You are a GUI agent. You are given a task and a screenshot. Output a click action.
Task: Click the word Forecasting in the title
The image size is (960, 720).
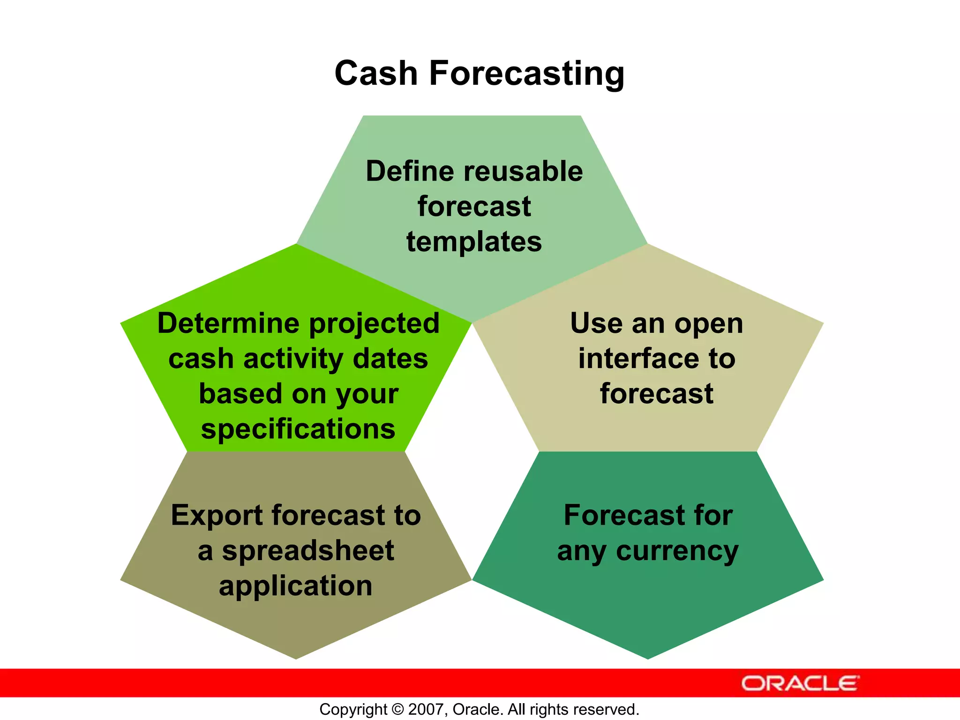point(526,74)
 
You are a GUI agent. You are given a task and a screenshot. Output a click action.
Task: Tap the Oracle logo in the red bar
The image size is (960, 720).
point(800,683)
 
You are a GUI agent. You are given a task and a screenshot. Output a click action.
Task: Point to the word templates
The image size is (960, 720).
point(474,242)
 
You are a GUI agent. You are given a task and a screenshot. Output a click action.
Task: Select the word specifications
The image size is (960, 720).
point(298,429)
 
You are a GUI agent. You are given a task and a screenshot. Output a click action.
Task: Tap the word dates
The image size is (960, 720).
point(390,359)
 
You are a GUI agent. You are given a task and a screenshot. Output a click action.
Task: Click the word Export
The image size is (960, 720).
point(217,515)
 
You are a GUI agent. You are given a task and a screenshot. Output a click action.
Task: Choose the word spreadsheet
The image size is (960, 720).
point(307,551)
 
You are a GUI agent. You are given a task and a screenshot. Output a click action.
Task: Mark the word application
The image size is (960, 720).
point(296,586)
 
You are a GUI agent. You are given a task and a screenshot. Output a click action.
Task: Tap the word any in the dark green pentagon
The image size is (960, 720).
point(581,551)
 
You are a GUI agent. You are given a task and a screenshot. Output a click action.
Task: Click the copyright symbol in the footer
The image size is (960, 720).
point(397,709)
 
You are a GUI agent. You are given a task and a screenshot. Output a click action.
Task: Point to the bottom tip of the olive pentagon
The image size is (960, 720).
point(296,658)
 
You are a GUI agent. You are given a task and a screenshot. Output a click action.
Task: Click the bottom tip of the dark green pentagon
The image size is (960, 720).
point(648,658)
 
